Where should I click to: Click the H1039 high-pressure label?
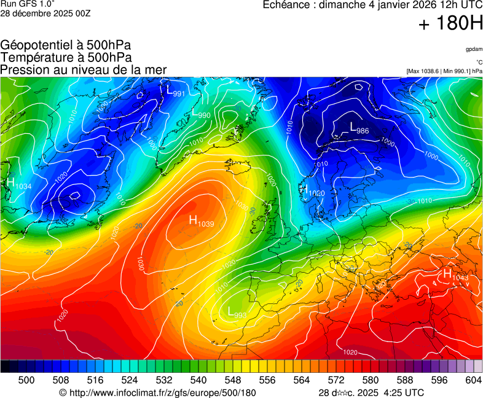(201, 221)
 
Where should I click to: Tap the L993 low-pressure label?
(237, 313)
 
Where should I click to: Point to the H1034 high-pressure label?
(18, 184)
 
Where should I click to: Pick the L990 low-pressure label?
(202, 114)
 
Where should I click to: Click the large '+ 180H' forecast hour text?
(450, 24)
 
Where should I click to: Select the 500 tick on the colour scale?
(26, 381)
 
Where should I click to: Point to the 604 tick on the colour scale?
(473, 381)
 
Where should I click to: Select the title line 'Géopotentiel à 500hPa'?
(66, 45)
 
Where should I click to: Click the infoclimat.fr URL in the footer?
(157, 392)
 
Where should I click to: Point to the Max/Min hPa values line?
(444, 71)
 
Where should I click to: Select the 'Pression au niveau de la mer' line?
(83, 70)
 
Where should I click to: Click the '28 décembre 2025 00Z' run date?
(45, 14)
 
